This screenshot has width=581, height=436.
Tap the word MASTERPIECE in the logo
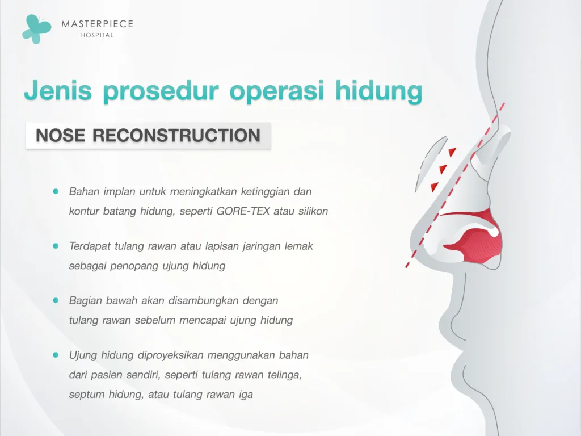click(97, 24)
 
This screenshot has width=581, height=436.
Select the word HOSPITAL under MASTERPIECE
click(97, 35)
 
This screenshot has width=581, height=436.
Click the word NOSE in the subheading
click(60, 136)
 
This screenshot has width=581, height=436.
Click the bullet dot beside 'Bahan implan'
click(56, 192)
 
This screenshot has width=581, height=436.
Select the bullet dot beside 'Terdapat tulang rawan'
click(56, 246)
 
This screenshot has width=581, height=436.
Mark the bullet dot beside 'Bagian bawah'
click(56, 300)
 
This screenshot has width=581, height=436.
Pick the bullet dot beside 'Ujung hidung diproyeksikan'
click(56, 355)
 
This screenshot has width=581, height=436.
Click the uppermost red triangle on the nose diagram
click(452, 152)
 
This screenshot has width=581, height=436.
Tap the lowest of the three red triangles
click(435, 186)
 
